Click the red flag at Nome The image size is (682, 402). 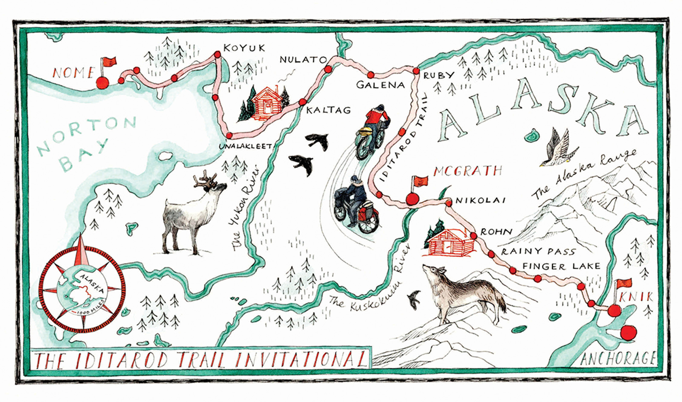pyautogui.click(x=109, y=62)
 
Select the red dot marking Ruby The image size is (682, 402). pyautogui.click(x=416, y=71)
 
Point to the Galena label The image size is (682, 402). pyautogui.click(x=380, y=85)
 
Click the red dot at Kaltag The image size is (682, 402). pyautogui.click(x=302, y=102)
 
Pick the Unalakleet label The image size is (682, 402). pyautogui.click(x=245, y=146)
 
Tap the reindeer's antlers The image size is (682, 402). pyautogui.click(x=205, y=180)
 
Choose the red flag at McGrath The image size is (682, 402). pyautogui.click(x=421, y=181)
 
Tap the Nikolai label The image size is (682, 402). pyautogui.click(x=480, y=200)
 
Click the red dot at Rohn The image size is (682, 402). pyautogui.click(x=474, y=236)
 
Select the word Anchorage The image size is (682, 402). pyautogui.click(x=618, y=359)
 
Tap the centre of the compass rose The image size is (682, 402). pyautogui.click(x=82, y=289)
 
